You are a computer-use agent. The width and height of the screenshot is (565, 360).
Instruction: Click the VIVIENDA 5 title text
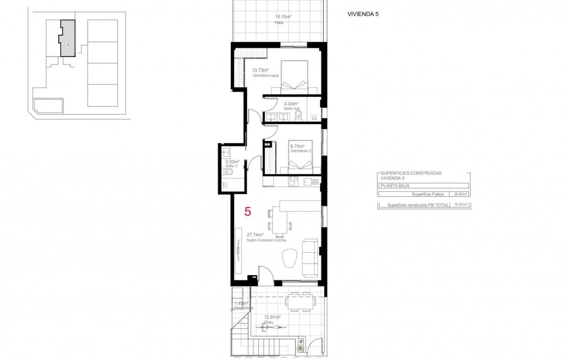[364, 14]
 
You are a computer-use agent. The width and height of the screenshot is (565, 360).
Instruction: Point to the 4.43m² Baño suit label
[292, 106]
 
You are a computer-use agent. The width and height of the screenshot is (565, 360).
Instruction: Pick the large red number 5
[248, 212]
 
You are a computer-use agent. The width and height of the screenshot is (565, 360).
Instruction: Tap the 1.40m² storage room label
[242, 305]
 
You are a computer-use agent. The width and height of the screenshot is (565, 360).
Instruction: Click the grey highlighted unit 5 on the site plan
[67, 39]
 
